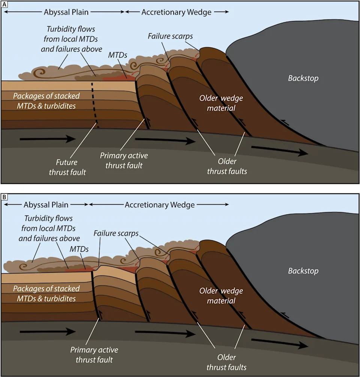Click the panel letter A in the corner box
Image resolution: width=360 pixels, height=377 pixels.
coord(4,4)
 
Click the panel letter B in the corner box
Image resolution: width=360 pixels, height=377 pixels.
coord(4,196)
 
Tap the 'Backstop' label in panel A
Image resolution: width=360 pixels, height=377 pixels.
coord(303,78)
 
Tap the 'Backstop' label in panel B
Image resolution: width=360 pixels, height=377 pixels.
coord(303,271)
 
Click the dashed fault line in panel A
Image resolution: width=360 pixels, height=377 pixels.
coord(94,105)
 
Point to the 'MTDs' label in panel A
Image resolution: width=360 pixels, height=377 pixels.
coord(117,55)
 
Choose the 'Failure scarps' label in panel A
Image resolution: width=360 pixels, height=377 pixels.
coord(170,36)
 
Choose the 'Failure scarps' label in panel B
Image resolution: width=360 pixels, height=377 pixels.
coord(115,233)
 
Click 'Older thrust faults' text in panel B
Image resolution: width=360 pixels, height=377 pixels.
coord(226,362)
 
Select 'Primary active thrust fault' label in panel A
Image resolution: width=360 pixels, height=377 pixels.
coord(124,160)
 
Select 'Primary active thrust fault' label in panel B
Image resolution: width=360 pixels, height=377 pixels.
coord(94,355)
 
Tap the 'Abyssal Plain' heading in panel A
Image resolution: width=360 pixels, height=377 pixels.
coord(66,12)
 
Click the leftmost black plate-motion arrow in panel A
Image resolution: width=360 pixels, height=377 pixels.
coord(47,139)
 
